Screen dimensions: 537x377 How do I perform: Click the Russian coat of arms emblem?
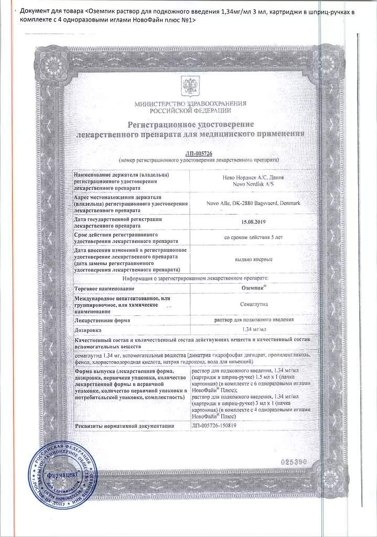click(190, 84)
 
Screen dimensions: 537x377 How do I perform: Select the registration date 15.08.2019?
click(253, 222)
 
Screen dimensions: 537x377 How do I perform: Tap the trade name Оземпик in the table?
click(253, 288)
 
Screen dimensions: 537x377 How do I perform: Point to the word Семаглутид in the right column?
click(253, 303)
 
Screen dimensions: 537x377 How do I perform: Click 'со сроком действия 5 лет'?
click(253, 237)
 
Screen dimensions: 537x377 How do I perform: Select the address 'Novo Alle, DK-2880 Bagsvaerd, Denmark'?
click(253, 203)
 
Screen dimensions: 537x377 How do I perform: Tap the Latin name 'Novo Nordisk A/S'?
click(253, 184)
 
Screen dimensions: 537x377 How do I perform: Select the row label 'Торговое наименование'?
click(105, 288)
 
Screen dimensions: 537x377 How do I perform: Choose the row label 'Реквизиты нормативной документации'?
click(125, 426)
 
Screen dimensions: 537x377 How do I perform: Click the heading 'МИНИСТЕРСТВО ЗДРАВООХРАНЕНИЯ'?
click(190, 104)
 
